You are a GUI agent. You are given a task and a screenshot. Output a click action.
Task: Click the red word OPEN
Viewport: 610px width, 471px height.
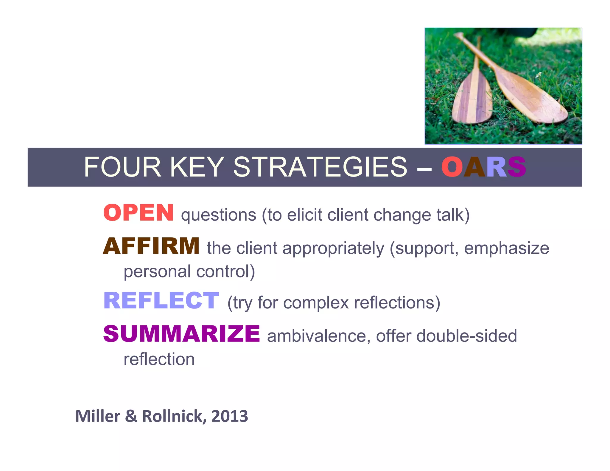(139, 213)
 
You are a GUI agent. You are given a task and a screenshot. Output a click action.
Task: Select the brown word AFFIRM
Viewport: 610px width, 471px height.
(151, 246)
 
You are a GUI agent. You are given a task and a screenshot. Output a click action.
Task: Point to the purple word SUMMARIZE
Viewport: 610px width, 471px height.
(182, 334)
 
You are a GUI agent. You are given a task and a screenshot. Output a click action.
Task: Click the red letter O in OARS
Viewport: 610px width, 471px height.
(452, 167)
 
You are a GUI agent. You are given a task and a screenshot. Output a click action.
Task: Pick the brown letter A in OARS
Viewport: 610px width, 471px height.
(475, 167)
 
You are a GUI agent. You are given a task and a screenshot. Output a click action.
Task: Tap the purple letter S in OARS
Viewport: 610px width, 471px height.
(517, 167)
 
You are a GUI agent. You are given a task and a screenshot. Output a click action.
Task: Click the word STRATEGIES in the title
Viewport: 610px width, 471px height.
(320, 167)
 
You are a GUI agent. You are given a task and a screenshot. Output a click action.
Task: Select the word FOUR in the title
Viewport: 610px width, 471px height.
(122, 167)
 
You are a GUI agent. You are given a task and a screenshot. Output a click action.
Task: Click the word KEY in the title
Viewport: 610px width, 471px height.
(197, 167)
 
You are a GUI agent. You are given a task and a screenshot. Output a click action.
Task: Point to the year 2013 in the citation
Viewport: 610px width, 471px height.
(230, 416)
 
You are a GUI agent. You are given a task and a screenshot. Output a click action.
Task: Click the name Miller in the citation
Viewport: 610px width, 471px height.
(98, 416)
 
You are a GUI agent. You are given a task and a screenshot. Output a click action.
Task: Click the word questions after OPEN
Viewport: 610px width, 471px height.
(219, 215)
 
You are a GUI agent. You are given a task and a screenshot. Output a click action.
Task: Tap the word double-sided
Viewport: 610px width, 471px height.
(466, 336)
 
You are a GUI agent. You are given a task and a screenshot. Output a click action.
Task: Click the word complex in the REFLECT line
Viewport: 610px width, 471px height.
(316, 303)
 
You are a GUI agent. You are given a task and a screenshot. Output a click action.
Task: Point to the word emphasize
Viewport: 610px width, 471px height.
(506, 248)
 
